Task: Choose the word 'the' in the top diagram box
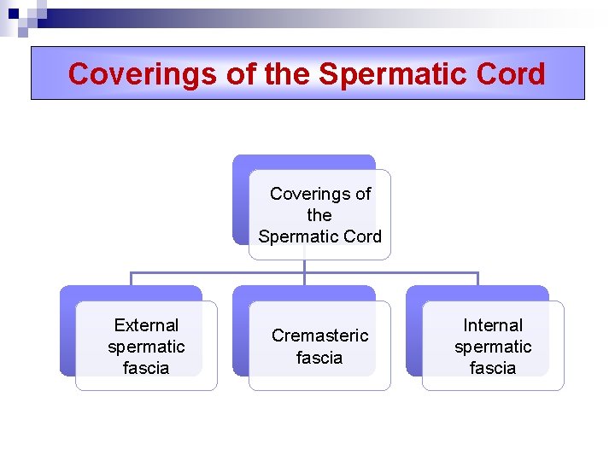tap(319, 215)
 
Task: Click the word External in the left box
tap(146, 325)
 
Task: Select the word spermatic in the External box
tap(146, 347)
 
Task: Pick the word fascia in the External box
tap(146, 368)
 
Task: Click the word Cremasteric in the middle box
tap(320, 336)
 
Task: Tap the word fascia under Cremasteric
tap(319, 358)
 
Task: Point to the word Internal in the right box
tap(493, 325)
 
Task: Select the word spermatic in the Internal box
tap(493, 347)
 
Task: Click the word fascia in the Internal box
tap(493, 368)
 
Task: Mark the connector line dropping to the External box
tap(131, 279)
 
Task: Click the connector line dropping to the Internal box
tap(477, 279)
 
